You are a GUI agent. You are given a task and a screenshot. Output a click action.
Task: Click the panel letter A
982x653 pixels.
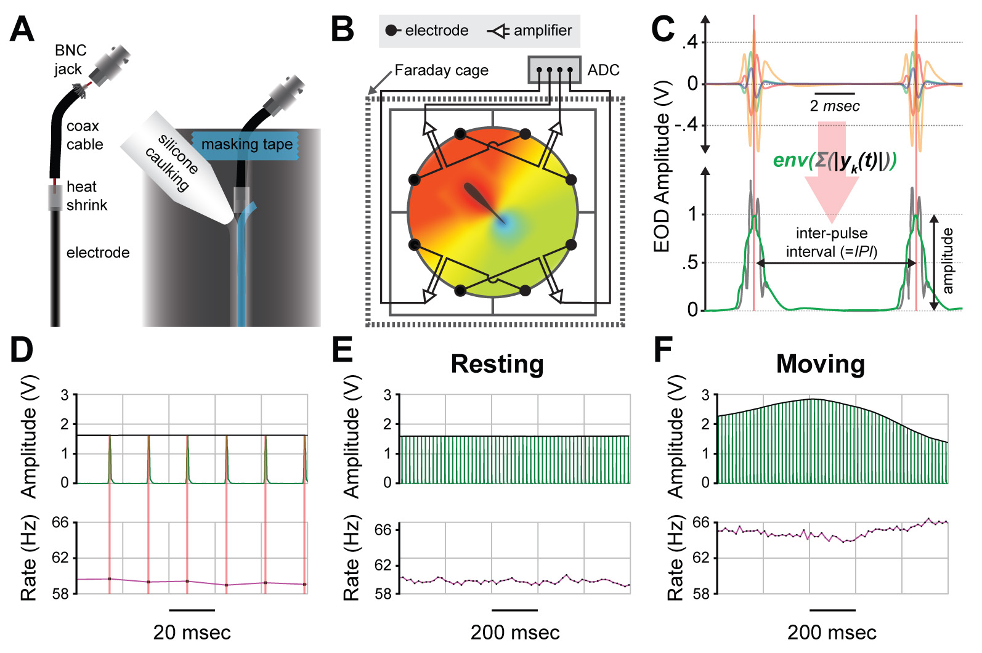[22, 30]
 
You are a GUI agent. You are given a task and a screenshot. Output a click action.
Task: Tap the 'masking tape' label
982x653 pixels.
[247, 144]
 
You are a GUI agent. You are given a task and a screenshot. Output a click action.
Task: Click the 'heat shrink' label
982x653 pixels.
[86, 196]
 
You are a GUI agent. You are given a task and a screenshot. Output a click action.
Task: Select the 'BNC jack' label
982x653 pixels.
[70, 59]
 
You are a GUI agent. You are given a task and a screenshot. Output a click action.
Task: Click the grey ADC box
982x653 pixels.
[554, 70]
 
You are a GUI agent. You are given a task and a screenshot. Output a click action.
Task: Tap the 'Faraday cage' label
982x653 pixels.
[441, 71]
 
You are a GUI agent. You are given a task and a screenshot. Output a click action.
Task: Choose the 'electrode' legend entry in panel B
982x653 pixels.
[427, 30]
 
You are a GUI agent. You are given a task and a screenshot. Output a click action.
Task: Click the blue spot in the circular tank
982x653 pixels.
[505, 225]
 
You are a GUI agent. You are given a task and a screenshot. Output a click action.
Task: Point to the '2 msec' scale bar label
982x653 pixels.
[835, 106]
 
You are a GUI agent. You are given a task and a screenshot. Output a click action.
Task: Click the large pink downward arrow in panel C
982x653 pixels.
[832, 172]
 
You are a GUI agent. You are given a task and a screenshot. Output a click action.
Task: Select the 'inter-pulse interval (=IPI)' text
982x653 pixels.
[832, 242]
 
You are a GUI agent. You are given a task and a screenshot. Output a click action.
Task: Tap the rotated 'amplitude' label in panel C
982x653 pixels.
[948, 261]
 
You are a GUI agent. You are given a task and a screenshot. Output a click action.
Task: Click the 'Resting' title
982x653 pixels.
[497, 364]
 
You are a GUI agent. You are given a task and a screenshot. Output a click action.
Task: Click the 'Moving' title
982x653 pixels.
[820, 364]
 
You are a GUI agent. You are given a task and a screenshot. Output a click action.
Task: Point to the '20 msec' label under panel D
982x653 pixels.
[192, 633]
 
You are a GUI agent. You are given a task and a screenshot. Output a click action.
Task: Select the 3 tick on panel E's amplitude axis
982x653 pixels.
[387, 395]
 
